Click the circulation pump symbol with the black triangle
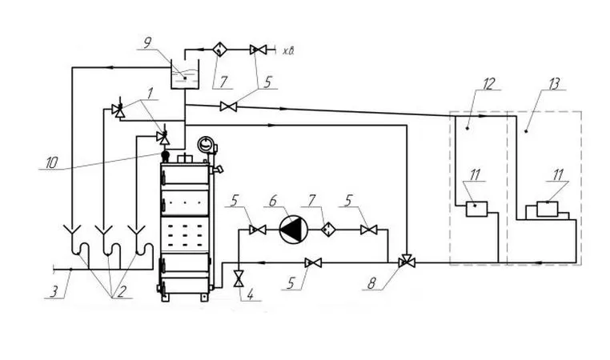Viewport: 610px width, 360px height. tap(294, 230)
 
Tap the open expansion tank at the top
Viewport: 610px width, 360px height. tap(185, 74)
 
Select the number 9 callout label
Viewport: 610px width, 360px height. tap(147, 42)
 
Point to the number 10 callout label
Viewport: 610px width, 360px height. tap(51, 163)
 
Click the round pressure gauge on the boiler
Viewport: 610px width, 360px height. tap(205, 145)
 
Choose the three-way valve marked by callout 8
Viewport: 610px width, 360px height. tap(407, 261)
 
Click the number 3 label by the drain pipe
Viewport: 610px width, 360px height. tap(54, 291)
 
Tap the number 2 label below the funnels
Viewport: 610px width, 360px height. tap(121, 291)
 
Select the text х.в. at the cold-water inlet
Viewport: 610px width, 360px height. tap(288, 51)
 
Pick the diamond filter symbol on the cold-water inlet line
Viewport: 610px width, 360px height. tap(220, 50)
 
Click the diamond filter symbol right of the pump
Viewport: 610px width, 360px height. tap(327, 230)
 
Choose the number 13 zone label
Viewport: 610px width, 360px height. tap(553, 83)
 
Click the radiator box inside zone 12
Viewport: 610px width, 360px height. tap(476, 209)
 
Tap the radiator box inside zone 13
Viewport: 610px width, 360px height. tap(547, 209)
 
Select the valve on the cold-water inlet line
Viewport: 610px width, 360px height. tap(257, 50)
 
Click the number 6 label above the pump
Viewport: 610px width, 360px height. tap(273, 201)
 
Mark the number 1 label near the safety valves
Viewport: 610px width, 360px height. tap(150, 93)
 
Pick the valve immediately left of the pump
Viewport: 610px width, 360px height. tap(258, 230)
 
